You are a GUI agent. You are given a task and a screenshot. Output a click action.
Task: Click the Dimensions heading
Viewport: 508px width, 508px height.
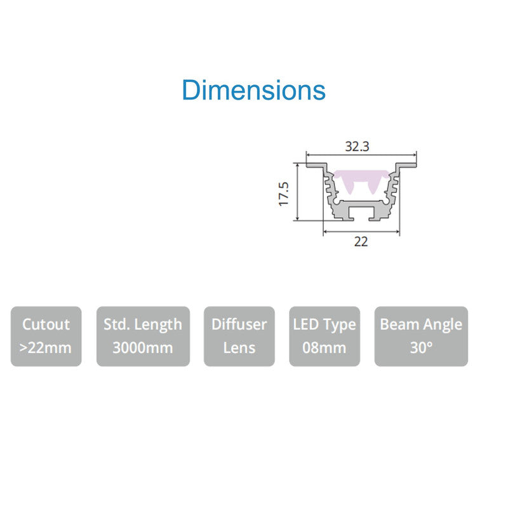pos(253,90)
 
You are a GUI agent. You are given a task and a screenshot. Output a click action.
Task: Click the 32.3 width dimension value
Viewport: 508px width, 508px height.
pos(357,147)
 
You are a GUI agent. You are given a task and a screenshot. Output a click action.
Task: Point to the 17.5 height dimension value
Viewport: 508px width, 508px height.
pos(283,194)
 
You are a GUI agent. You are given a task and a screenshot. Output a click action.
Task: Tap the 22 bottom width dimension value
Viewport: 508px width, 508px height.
pos(361,242)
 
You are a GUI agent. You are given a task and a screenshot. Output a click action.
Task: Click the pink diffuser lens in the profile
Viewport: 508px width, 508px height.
pos(361,177)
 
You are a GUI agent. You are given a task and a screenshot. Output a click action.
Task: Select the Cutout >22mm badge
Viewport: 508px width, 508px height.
pos(46,337)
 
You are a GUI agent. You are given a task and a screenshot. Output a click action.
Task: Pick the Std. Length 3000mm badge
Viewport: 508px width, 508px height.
pos(144,337)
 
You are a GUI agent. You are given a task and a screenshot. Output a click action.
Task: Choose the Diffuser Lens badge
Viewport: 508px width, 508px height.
pos(239,337)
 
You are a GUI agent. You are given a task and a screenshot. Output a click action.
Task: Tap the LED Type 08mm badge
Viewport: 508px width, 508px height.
pos(324,337)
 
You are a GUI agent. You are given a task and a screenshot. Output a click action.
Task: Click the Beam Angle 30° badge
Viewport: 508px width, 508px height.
pos(421,337)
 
